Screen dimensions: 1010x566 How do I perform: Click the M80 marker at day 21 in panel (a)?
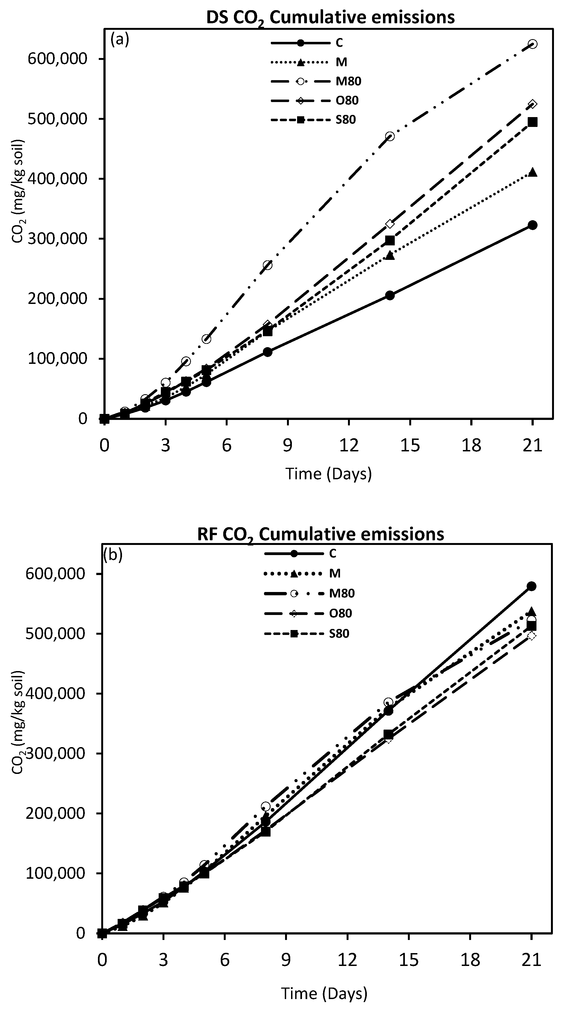coord(532,44)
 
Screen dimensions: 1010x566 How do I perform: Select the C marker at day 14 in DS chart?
coord(390,295)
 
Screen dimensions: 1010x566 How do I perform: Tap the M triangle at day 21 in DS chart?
coord(532,172)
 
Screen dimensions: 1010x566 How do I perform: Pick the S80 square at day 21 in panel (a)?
coord(532,122)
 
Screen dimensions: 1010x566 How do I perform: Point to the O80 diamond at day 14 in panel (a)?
coord(390,224)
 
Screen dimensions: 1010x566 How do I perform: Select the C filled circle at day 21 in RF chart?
coord(532,586)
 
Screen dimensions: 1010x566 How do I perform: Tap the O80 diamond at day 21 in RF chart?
coord(532,635)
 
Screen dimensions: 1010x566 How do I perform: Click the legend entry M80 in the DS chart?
coord(348,81)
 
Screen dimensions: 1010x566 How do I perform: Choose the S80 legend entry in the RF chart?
coord(339,634)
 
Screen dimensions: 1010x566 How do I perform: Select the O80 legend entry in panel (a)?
coord(347,100)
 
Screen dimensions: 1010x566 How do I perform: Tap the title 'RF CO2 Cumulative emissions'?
coord(321,534)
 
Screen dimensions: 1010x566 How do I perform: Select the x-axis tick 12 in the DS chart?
coord(349,446)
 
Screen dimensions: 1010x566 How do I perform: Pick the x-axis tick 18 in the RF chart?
coord(470,960)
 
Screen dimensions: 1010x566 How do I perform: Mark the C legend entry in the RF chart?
coord(332,553)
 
